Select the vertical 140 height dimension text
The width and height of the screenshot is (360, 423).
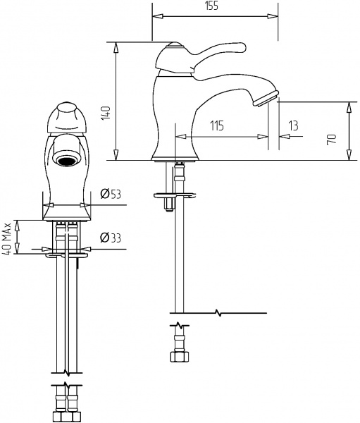pyautogui.click(x=106, y=113)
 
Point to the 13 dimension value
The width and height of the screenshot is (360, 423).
pyautogui.click(x=293, y=125)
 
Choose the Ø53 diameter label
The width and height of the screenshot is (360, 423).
pyautogui.click(x=108, y=194)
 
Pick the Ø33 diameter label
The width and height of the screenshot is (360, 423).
pyautogui.click(x=108, y=238)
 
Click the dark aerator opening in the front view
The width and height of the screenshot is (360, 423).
pyautogui.click(x=67, y=161)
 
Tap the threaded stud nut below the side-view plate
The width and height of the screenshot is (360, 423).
pyautogui.click(x=169, y=204)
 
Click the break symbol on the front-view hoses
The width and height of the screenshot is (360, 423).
pyautogui.click(x=67, y=388)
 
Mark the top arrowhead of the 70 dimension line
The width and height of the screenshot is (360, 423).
pyautogui.click(x=349, y=105)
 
